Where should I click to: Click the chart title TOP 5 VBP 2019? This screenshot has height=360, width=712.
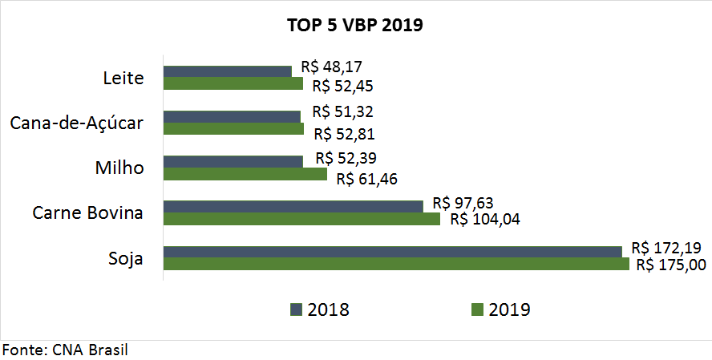pyautogui.click(x=354, y=25)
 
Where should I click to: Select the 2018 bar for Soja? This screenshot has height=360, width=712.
pyautogui.click(x=393, y=251)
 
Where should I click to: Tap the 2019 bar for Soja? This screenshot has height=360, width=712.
pyautogui.click(x=396, y=264)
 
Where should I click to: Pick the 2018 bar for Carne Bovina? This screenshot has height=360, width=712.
pyautogui.click(x=293, y=206)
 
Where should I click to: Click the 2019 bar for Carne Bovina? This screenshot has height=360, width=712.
pyautogui.click(x=302, y=219)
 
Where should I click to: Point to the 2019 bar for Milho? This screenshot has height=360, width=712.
pyautogui.click(x=245, y=174)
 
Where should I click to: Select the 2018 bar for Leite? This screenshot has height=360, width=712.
pyautogui.click(x=228, y=71)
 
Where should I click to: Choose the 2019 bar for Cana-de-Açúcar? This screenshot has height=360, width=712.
pyautogui.click(x=234, y=128)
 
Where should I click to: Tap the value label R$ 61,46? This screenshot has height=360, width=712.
pyautogui.click(x=367, y=178)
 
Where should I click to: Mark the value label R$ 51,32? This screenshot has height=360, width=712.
pyautogui.click(x=343, y=111)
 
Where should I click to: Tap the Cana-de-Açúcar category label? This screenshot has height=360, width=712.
pyautogui.click(x=77, y=123)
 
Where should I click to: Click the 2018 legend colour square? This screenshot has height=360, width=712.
pyautogui.click(x=296, y=309)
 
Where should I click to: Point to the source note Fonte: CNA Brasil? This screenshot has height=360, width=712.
pyautogui.click(x=66, y=350)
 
